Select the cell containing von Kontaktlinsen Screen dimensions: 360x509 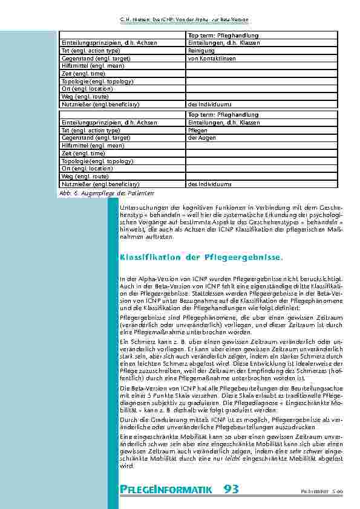pyautogui.click(x=209, y=59)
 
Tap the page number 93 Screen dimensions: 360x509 pyautogui.click(x=231, y=488)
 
